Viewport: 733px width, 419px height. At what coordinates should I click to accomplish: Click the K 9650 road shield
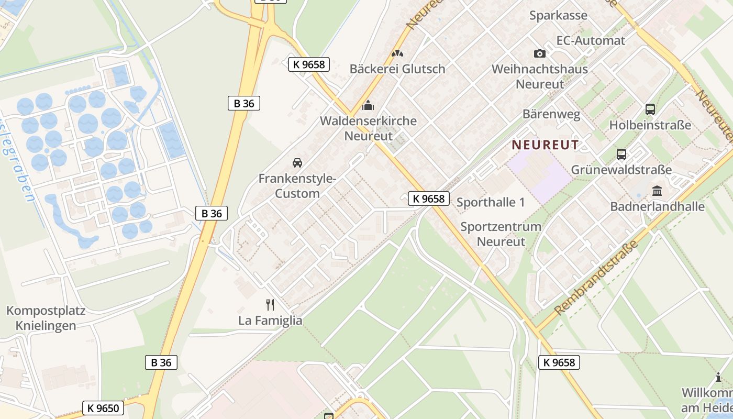point(103,408)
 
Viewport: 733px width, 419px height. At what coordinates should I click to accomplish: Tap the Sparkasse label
point(558,15)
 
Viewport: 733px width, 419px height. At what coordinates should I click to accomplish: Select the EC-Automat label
point(591,40)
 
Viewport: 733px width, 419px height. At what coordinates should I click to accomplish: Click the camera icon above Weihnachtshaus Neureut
point(539,53)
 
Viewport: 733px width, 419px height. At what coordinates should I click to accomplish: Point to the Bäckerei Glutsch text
point(397,69)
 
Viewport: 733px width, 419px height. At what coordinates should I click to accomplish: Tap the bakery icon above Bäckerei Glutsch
point(397,53)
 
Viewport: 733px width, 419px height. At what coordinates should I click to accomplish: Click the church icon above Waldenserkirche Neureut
point(368,105)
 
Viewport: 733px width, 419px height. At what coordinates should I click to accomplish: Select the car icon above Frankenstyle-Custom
point(297,163)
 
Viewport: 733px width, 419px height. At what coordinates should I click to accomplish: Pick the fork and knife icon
point(270,305)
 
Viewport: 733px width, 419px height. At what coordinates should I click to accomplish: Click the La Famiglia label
point(270,320)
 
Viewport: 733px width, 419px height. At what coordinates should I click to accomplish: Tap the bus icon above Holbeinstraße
point(650,109)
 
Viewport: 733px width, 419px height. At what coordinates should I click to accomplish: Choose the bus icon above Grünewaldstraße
point(621,155)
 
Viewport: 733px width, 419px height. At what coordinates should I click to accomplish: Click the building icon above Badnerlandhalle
point(657,191)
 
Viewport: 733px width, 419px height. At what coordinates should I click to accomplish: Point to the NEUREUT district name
point(545,145)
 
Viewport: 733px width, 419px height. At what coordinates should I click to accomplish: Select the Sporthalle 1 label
point(491,202)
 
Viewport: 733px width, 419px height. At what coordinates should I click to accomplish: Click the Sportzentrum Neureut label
point(501,234)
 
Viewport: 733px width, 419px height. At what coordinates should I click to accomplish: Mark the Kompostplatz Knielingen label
point(46,318)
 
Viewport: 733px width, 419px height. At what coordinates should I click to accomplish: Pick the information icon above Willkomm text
point(718,377)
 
